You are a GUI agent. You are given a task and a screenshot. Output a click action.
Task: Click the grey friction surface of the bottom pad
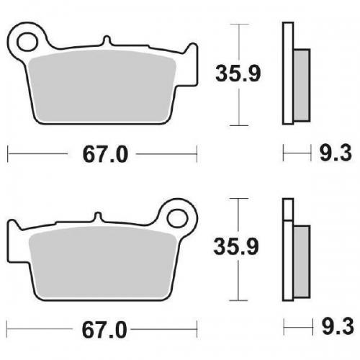[x=101, y=259]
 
